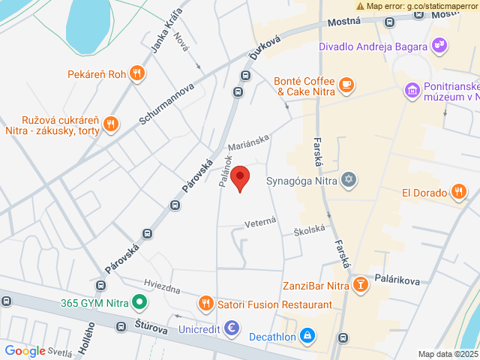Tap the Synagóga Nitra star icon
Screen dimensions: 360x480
348,180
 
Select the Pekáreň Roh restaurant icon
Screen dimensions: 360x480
136,73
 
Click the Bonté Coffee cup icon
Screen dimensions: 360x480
346,84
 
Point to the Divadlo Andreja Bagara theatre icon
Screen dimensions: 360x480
441,46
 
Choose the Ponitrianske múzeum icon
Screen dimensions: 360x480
411,90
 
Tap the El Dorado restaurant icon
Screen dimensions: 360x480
459,192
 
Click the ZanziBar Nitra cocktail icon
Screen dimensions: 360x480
361,286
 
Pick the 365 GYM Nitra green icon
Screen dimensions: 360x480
138,304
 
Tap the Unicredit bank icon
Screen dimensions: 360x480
232,328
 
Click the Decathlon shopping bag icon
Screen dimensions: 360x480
307,336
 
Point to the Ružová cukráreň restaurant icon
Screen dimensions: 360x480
111,124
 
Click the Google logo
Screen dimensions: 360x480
25,350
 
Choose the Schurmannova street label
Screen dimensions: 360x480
166,103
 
